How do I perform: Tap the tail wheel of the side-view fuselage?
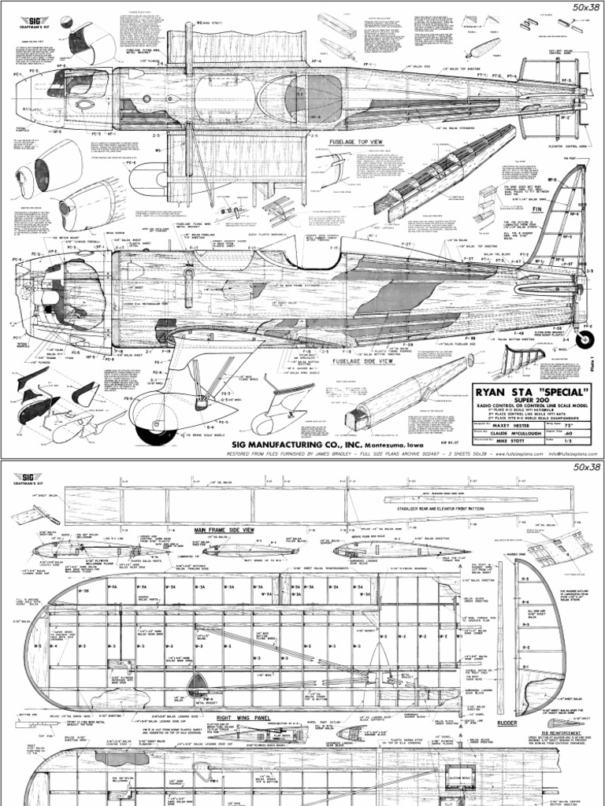tap(585, 339)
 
